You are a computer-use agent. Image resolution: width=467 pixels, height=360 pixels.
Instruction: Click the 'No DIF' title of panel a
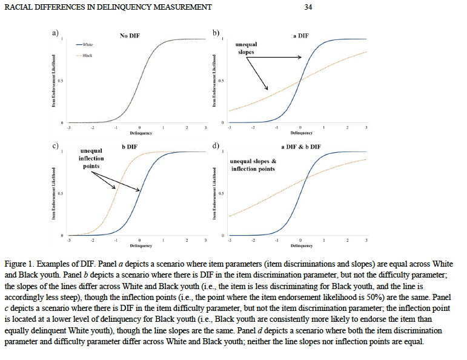pyautogui.click(x=129, y=36)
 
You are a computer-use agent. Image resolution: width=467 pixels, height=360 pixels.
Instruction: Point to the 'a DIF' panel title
pyautogui.click(x=300, y=36)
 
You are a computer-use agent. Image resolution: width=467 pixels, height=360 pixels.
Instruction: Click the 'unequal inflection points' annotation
pyautogui.click(x=91, y=158)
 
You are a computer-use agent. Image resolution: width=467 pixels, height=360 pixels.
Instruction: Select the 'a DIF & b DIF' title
pyautogui.click(x=301, y=147)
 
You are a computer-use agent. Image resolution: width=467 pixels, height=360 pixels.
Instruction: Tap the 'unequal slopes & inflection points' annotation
pyautogui.click(x=253, y=165)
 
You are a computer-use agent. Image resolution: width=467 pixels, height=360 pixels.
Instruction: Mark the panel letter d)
pyautogui.click(x=216, y=146)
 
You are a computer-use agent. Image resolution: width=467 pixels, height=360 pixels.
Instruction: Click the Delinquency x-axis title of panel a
pyautogui.click(x=141, y=133)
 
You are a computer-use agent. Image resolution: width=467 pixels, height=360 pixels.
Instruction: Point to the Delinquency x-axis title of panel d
pyautogui.click(x=301, y=245)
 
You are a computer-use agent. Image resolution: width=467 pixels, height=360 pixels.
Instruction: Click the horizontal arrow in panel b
pyautogui.click(x=279, y=58)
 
